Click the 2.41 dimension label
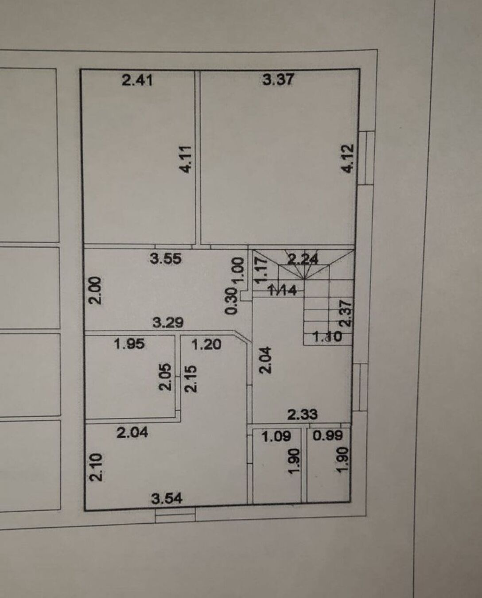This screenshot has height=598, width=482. click(137, 80)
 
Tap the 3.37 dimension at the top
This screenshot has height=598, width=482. click(278, 80)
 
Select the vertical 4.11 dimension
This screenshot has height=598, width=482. click(186, 159)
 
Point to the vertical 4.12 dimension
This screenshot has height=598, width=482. click(349, 159)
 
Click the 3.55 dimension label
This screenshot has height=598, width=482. click(165, 258)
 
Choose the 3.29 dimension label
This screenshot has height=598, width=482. click(168, 322)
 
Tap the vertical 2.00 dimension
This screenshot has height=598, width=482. click(96, 290)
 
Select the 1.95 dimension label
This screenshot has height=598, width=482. click(129, 344)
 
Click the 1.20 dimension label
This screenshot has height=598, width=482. click(206, 344)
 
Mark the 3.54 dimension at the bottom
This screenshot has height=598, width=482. click(167, 499)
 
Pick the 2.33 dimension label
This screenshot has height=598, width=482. click(302, 415)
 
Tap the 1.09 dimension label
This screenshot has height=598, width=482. click(276, 437)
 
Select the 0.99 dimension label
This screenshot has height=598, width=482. click(327, 436)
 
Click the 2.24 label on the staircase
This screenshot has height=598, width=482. click(303, 259)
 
